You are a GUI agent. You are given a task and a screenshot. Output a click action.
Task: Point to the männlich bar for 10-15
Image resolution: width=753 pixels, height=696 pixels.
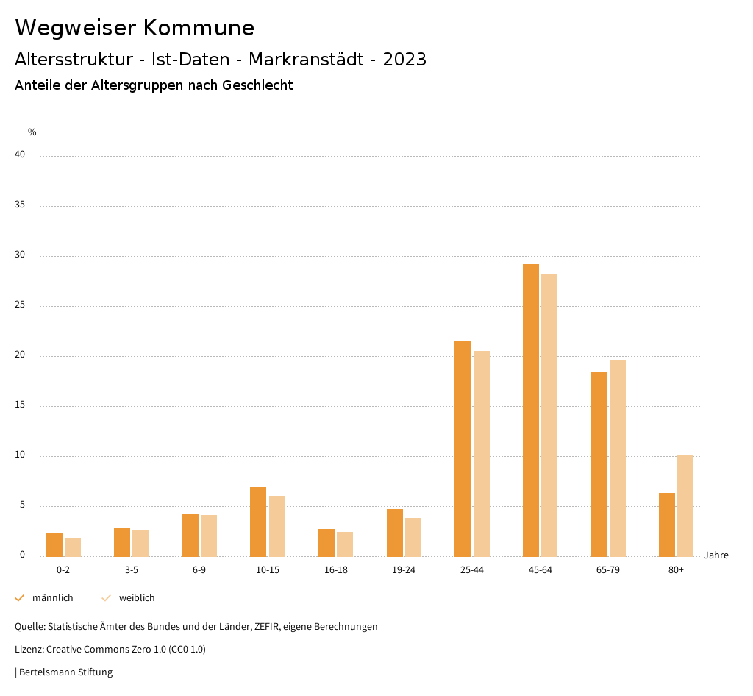coord(258,522)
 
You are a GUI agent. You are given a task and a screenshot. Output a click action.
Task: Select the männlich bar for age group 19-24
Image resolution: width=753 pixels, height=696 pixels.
coord(395,533)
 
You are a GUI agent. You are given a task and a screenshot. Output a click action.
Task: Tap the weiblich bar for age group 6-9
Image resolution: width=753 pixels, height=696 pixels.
coord(209,536)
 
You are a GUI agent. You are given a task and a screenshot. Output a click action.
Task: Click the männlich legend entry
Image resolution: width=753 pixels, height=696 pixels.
coord(52,598)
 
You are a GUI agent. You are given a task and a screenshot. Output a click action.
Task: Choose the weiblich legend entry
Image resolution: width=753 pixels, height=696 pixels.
coord(137,598)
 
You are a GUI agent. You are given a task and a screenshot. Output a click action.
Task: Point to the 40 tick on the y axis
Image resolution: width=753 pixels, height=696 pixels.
coord(20,155)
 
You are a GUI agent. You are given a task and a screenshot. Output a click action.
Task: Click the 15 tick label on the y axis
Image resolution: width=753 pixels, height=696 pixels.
coord(20,405)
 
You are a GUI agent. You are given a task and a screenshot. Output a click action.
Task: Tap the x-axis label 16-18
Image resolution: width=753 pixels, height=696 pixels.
coord(336,570)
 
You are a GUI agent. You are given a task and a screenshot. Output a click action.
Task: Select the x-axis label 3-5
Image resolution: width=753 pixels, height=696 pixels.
coord(132,570)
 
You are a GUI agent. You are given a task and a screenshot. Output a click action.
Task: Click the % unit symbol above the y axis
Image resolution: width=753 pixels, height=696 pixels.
coord(32,132)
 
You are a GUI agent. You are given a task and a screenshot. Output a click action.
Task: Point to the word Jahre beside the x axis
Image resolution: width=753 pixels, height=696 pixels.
coord(716,555)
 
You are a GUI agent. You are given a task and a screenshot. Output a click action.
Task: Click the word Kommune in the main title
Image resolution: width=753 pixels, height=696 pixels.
coord(199,28)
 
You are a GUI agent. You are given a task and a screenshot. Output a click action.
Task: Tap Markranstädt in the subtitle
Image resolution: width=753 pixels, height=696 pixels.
coord(312,60)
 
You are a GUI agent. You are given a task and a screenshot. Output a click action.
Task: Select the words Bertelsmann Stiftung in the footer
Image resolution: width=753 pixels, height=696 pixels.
coord(66,672)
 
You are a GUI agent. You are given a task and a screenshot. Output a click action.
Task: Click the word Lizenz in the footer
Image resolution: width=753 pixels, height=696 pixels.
coord(29,650)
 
